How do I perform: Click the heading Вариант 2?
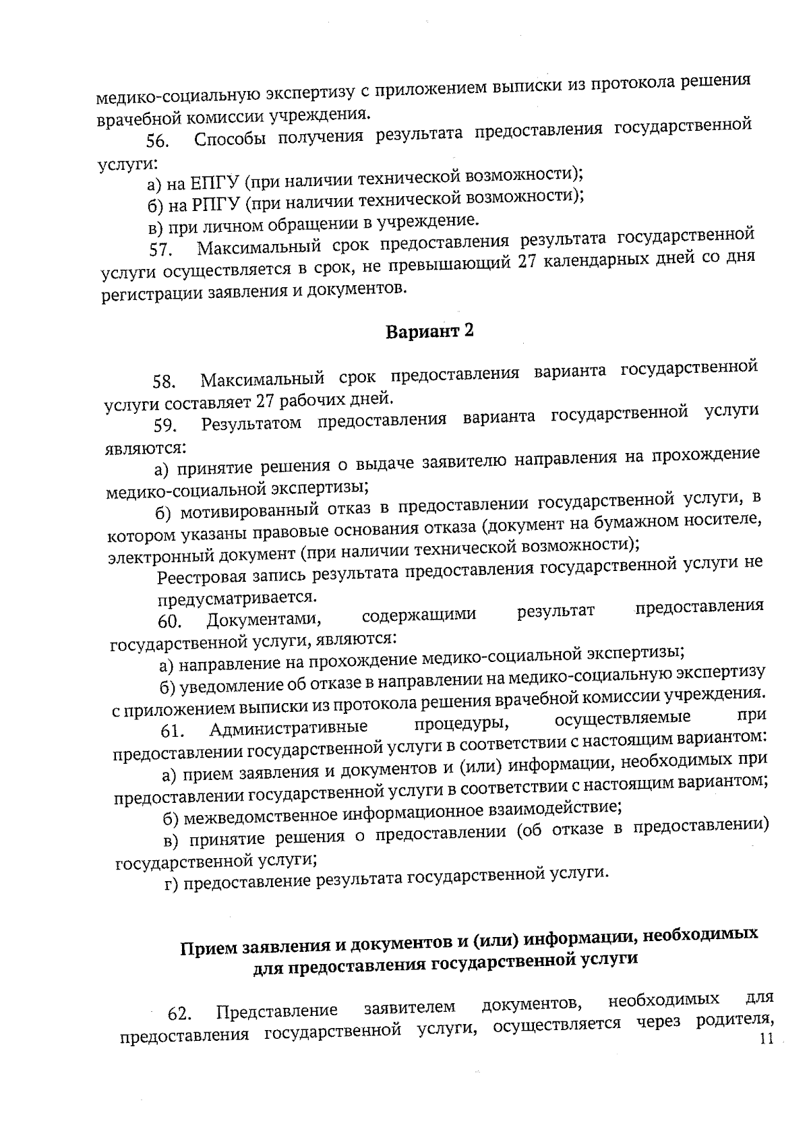tap(429, 331)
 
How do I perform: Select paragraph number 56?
tap(156, 142)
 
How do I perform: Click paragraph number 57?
tap(159, 250)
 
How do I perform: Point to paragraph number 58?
tap(164, 382)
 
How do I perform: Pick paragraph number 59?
tap(164, 425)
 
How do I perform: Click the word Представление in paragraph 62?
tap(277, 1011)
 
